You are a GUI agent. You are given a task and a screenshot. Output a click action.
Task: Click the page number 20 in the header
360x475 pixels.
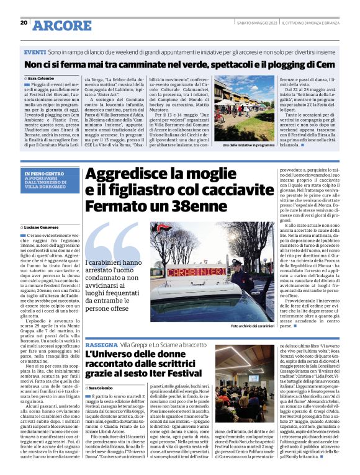[x=24, y=22]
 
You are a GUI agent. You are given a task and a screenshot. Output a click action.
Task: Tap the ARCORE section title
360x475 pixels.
[x=62, y=25]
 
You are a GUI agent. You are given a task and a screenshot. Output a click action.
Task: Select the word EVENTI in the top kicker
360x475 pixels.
[x=35, y=53]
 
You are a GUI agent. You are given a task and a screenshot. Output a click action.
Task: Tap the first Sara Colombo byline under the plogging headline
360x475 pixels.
[x=41, y=78]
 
